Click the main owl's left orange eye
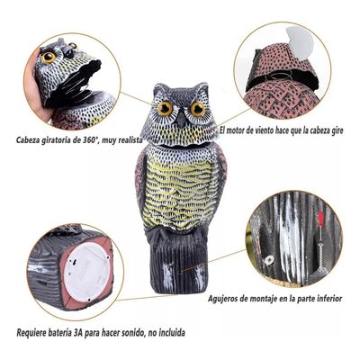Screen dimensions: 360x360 [x=166, y=109]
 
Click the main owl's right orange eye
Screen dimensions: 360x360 [x=195, y=109]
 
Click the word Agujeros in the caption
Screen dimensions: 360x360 [x=229, y=297]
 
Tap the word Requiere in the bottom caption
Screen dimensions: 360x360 [x=33, y=333]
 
